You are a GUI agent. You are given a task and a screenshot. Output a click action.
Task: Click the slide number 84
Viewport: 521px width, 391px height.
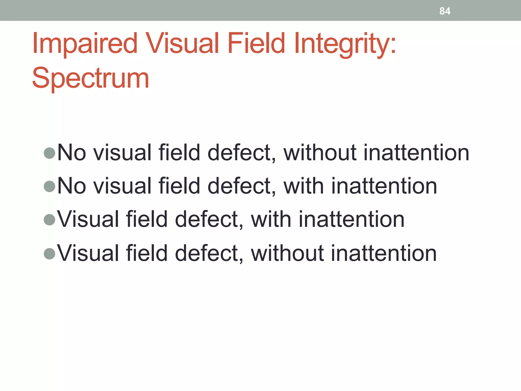445,11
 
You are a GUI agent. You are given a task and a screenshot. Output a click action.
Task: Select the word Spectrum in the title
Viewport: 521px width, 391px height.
90,78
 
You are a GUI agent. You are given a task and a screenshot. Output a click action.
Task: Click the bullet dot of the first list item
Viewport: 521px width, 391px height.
49,153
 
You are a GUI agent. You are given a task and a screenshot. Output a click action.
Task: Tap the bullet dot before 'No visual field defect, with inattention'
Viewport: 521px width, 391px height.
49,186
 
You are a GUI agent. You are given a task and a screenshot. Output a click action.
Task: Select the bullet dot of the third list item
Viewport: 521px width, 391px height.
49,220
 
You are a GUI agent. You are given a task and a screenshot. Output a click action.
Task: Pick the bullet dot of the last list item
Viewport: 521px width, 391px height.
49,253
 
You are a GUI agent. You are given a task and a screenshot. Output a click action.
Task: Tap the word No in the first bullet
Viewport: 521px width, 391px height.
72,153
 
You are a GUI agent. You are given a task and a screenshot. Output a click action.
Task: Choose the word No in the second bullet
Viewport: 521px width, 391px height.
72,186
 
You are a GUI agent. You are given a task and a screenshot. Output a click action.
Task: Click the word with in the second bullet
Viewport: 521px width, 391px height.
304,186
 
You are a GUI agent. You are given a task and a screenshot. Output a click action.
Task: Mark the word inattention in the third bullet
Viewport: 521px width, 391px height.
351,219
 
